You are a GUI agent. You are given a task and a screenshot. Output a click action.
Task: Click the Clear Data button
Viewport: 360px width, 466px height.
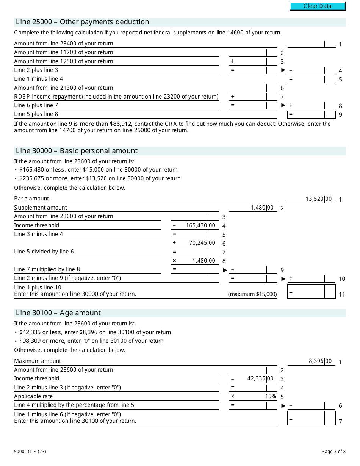pyautogui.click(x=317, y=6)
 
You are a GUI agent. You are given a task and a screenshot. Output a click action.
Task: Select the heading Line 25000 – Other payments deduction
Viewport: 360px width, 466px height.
pyautogui.click(x=82, y=22)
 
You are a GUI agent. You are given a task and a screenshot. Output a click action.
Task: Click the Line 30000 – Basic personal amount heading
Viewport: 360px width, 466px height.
pyautogui.click(x=77, y=151)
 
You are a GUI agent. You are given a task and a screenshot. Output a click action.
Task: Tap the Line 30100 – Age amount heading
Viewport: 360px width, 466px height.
pyautogui.click(x=58, y=313)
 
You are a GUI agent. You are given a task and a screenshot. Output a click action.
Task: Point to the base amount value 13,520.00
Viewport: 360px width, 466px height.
pyautogui.click(x=318, y=199)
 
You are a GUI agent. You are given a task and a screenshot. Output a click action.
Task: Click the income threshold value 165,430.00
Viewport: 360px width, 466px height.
pyautogui.click(x=200, y=225)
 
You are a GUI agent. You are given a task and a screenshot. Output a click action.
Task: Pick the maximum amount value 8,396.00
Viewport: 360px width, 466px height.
pyautogui.click(x=320, y=361)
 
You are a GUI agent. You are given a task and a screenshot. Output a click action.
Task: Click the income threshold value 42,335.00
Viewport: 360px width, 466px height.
pyautogui.click(x=260, y=378)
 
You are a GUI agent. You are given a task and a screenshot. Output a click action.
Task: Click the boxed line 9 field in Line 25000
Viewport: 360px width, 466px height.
pyautogui.click(x=311, y=114)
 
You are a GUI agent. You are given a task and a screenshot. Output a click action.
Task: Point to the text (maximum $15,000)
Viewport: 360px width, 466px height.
pyautogui.click(x=252, y=294)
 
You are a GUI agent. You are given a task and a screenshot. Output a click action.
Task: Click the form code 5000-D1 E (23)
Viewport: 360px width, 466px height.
pyautogui.click(x=30, y=451)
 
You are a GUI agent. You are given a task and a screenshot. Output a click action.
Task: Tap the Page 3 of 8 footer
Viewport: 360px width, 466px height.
pyautogui.click(x=333, y=451)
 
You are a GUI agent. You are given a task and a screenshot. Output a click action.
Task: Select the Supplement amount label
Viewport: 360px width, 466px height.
pyautogui.click(x=41, y=208)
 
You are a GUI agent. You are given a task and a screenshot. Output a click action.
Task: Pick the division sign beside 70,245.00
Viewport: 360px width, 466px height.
pyautogui.click(x=174, y=243)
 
